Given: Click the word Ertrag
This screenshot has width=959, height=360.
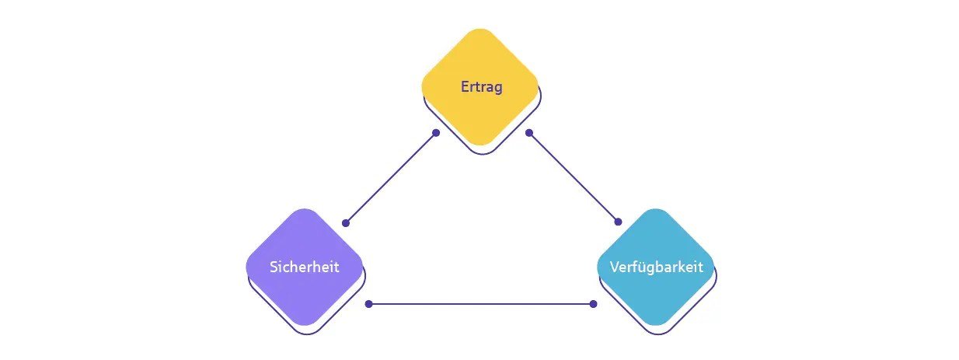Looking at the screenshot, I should tap(481, 87).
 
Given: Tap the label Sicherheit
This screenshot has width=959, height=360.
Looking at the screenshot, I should tap(305, 267).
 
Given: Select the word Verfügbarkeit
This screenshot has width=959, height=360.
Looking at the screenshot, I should tap(656, 267).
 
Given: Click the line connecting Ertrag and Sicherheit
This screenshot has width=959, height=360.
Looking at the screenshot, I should tap(391, 178).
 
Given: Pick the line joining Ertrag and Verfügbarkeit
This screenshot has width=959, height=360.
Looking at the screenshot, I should tap(574, 177).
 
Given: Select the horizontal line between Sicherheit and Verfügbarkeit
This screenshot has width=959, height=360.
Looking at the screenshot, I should tap(480, 304).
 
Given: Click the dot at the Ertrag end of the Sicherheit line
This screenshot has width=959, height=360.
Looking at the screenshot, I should tap(436, 133).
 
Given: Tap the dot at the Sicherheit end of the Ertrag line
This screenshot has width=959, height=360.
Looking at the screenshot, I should tap(346, 223).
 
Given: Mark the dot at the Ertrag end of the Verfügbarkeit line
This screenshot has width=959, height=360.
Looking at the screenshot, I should tap(528, 133).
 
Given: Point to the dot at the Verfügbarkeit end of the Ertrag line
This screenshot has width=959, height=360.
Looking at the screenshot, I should tap(618, 222).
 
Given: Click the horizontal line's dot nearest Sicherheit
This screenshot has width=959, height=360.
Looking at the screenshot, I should tap(368, 304).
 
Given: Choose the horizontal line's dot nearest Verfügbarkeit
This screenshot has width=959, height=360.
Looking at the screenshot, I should tap(593, 304).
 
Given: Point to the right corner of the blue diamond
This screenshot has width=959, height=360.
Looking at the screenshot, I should tap(714, 267).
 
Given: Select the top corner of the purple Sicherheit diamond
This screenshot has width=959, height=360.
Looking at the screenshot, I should tap(305, 210).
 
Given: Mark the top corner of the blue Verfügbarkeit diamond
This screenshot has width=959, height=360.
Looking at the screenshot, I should tap(656, 210).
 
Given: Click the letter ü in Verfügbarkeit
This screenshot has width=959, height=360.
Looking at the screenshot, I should tap(641, 267).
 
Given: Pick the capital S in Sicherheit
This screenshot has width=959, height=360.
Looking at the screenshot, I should tap(274, 267).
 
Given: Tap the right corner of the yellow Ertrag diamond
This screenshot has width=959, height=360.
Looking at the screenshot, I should tap(538, 87).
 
